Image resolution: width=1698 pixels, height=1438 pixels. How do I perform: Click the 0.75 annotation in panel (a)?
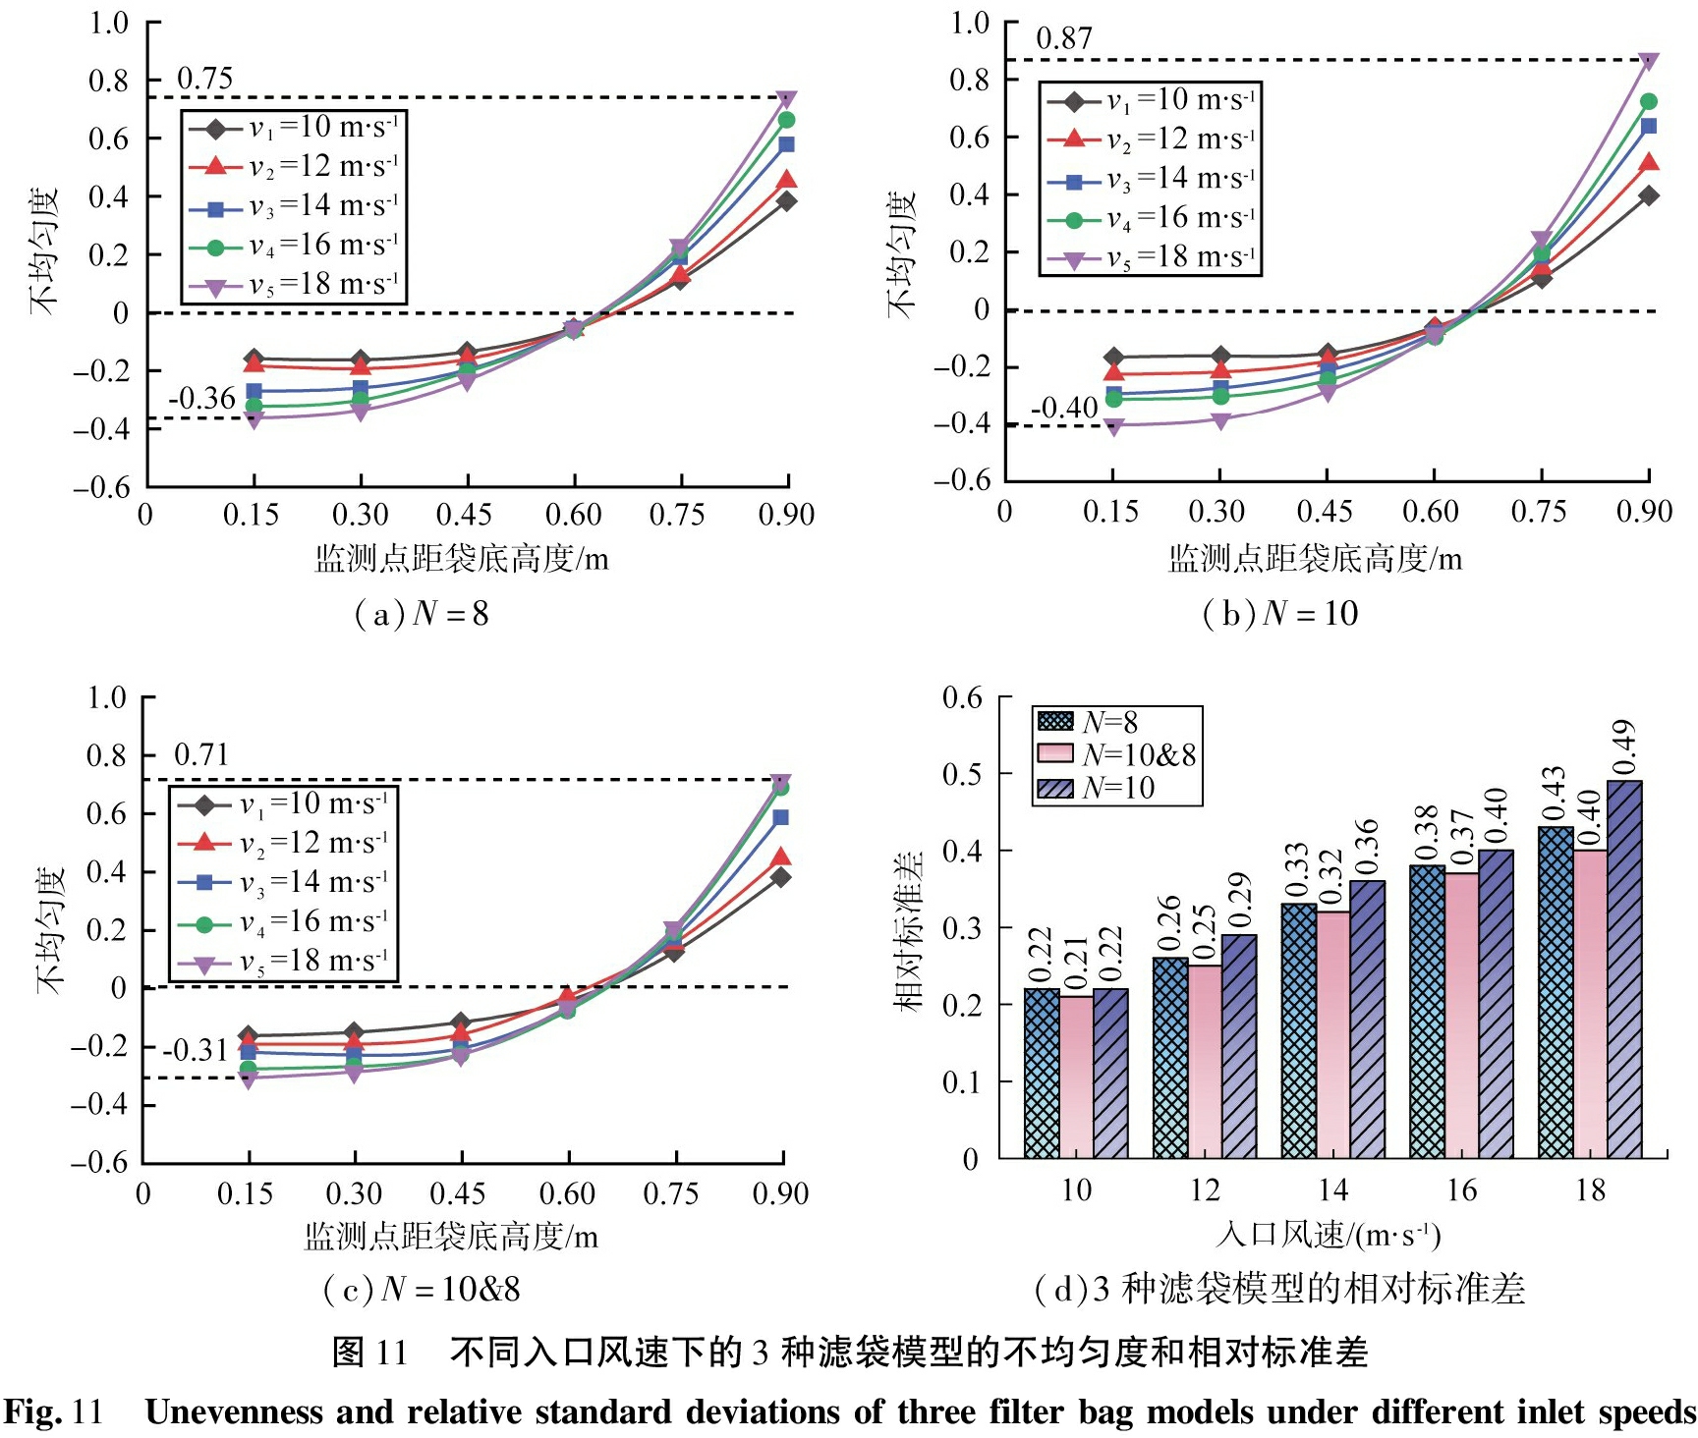point(204,79)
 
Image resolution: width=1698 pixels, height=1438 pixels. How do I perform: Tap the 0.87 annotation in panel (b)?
point(1064,39)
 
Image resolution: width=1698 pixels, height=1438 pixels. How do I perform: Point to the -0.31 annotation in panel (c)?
point(196,1051)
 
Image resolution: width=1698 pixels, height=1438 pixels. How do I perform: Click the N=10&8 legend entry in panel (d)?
point(1117,754)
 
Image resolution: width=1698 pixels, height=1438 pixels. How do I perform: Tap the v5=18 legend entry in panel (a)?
point(294,285)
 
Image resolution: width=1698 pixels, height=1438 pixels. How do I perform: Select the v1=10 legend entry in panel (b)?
point(1151,100)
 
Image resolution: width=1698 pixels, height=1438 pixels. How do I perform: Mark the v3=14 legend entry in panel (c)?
point(284,882)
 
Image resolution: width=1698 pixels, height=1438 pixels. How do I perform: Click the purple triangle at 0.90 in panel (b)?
point(1649,62)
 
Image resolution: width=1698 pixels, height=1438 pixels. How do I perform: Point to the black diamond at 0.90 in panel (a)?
point(787,201)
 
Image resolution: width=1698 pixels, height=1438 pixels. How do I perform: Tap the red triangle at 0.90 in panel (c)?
point(781,857)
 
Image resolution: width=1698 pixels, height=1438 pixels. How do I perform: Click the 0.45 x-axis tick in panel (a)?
point(466,515)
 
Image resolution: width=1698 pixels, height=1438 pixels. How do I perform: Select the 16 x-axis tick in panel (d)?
point(1461,1190)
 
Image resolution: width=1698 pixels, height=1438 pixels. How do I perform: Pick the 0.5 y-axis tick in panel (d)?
point(962,774)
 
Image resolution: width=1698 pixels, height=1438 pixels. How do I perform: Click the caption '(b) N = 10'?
point(1280,614)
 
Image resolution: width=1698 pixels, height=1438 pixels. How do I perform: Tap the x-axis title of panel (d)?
point(1328,1235)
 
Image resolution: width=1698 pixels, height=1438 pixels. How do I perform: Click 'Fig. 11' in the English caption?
point(53,1412)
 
